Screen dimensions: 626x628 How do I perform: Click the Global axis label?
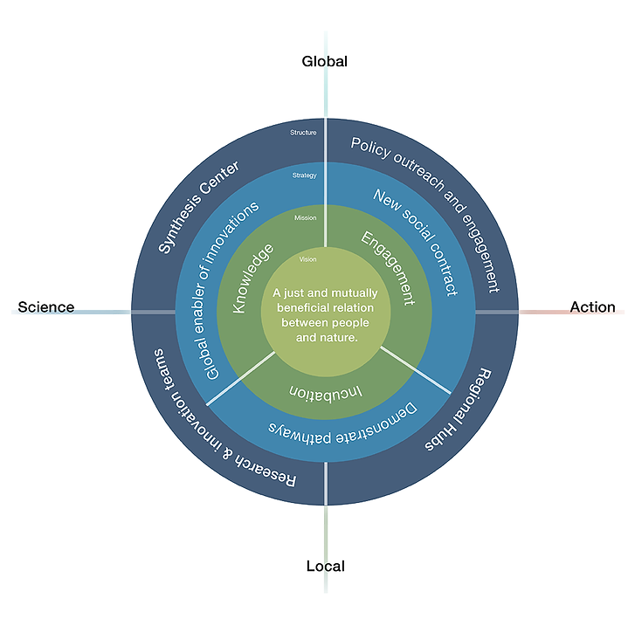325,61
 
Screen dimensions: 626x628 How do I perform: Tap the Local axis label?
325,566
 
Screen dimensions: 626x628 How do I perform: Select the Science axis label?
46,307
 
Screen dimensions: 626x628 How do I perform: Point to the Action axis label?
592,307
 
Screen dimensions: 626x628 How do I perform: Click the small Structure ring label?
303,133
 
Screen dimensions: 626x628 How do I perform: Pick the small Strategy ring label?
304,175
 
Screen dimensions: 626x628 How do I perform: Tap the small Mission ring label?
306,217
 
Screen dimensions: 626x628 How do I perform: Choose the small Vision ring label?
307,259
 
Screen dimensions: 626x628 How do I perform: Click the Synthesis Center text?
198,206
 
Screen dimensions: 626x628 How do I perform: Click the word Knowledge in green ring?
252,279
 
